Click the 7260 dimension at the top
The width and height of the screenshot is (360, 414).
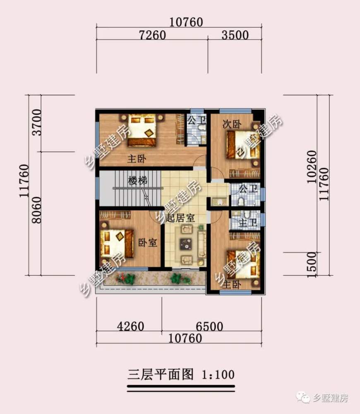[152, 35]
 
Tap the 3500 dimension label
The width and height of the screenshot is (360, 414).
[235, 35]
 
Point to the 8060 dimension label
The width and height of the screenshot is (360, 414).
[37, 211]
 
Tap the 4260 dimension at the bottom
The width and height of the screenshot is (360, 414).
[130, 327]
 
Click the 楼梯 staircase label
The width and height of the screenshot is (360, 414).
[138, 181]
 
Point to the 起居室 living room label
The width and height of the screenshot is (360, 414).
[180, 218]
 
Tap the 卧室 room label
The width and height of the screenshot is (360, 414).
[148, 242]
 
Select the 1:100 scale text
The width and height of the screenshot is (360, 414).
[218, 375]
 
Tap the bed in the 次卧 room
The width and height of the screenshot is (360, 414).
[242, 145]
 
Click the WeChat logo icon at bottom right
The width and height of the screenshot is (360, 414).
[305, 398]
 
